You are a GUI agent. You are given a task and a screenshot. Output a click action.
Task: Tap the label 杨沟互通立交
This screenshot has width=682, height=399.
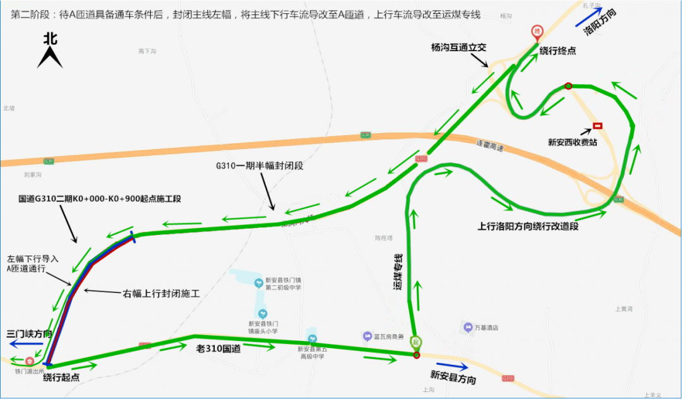pyautogui.click(x=458, y=47)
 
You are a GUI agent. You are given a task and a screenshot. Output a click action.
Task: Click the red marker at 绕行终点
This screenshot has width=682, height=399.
pyautogui.click(x=537, y=31)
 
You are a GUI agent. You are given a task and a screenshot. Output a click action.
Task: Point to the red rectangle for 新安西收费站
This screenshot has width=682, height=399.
pyautogui.click(x=597, y=126)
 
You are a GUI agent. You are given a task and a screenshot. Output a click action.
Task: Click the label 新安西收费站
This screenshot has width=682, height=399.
pyautogui.click(x=573, y=142)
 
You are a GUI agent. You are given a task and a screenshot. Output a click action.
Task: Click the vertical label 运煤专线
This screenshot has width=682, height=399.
pyautogui.click(x=398, y=272)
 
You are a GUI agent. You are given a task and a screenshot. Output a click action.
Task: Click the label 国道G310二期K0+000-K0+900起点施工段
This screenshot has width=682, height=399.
pyautogui.click(x=100, y=198)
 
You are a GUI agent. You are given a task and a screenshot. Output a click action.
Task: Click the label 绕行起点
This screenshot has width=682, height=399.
pyautogui.click(x=61, y=378)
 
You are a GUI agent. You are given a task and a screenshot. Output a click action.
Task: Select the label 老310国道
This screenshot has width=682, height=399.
pyautogui.click(x=218, y=348)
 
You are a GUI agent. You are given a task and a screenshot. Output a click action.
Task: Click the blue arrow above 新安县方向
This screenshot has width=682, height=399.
pyautogui.click(x=452, y=366)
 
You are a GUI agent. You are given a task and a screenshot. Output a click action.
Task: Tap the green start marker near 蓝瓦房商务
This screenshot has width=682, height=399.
pyautogui.click(x=416, y=342)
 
